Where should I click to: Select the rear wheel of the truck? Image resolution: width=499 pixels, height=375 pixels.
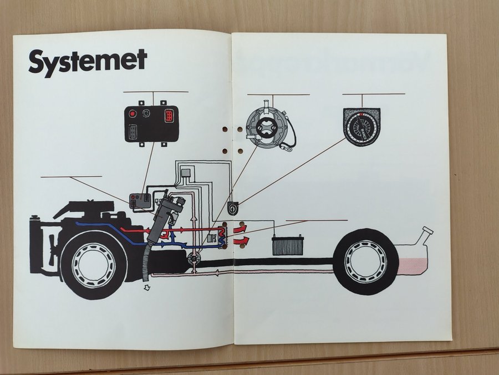[364, 261]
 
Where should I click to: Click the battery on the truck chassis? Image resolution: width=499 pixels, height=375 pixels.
[288, 244]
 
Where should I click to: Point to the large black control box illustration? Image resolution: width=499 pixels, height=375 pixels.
[151, 123]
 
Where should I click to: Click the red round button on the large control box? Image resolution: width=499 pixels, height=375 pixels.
[133, 114]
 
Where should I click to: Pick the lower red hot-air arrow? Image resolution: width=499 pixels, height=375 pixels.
[243, 240]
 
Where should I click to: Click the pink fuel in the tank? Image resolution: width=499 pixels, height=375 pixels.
[413, 263]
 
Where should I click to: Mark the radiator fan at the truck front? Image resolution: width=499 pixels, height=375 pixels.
[52, 242]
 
